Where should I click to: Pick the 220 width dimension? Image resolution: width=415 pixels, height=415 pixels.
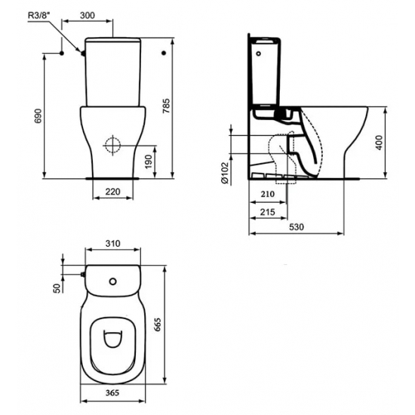click(113, 192)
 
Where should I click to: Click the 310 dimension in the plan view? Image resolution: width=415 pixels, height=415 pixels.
click(113, 244)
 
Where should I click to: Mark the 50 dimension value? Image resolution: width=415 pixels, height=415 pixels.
click(56, 289)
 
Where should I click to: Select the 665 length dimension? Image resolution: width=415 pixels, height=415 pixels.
click(178, 325)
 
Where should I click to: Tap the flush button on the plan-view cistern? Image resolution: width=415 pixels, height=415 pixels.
click(113, 282)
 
